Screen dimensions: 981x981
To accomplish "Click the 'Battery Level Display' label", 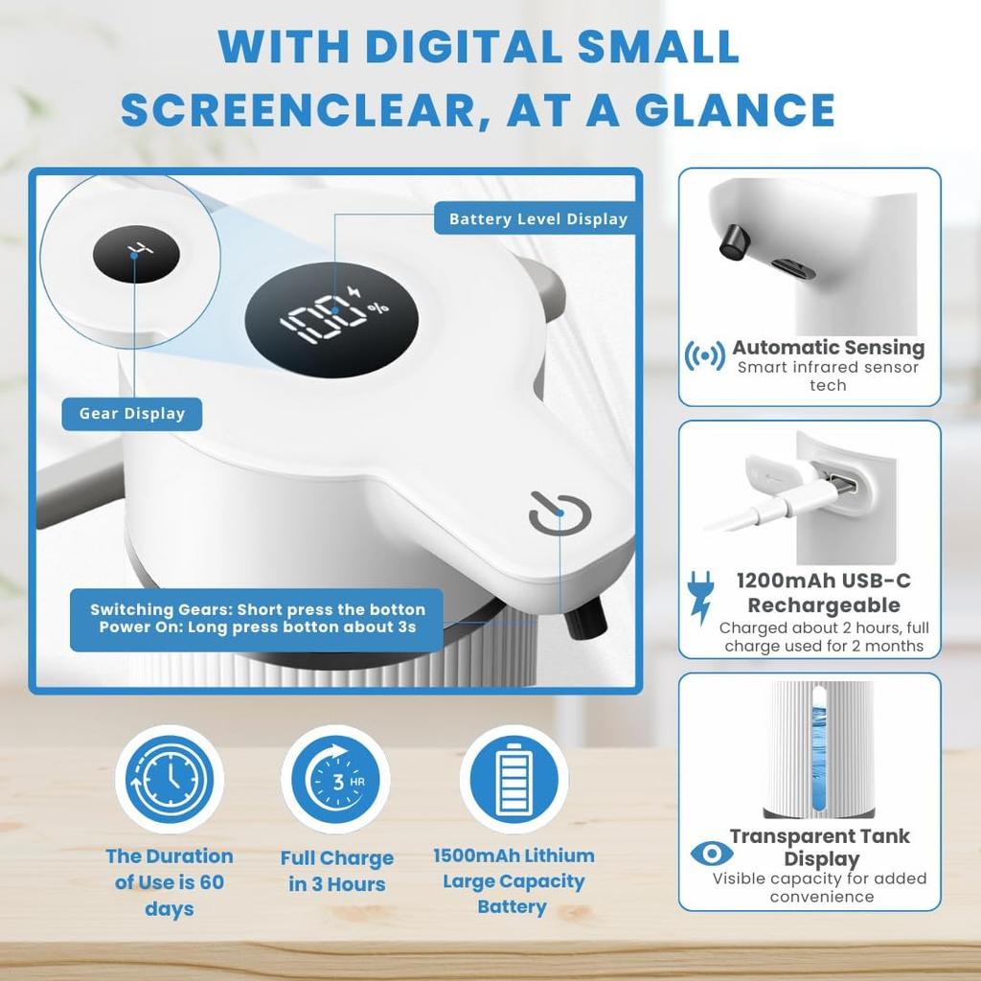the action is tap(538, 219).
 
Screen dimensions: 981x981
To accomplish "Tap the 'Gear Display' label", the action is tap(132, 414).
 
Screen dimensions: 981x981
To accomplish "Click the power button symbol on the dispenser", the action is tap(559, 514).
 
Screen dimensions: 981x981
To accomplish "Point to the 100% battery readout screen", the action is tap(331, 319).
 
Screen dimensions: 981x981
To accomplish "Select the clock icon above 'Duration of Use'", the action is tap(170, 780).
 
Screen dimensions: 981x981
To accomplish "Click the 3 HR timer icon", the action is tap(336, 780).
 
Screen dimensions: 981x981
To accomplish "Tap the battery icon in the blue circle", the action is tap(513, 780).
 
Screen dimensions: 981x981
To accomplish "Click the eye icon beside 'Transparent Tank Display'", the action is tap(712, 854).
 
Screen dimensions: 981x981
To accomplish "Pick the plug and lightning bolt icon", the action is tap(700, 598).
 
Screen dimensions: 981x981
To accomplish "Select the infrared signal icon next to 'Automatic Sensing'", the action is tap(705, 356).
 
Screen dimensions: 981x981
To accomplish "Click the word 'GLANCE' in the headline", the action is tap(735, 110).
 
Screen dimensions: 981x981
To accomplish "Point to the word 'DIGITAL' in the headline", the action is tap(465, 46).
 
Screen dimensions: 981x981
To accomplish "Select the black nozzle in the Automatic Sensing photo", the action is tap(733, 241).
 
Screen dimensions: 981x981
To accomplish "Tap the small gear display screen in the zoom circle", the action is tap(136, 254).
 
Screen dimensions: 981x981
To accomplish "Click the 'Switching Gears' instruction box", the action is tap(257, 619).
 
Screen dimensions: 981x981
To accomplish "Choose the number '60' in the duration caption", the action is tap(212, 882).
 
